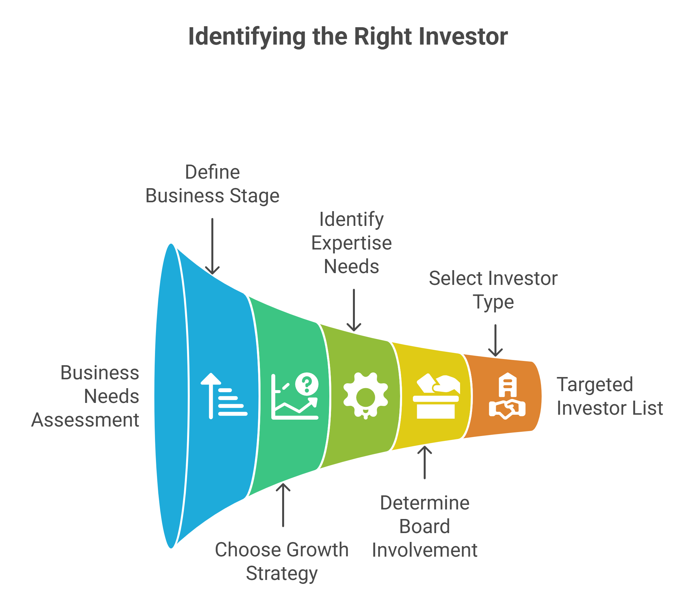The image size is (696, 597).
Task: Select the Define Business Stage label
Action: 212,184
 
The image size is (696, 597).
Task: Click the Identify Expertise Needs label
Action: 351,243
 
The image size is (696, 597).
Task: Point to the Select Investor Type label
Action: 493,290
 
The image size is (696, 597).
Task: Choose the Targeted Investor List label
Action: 610,396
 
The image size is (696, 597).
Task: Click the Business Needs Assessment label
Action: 85,396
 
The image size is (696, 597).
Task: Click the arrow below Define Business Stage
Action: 212,247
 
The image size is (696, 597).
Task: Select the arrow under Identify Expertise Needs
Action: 354,310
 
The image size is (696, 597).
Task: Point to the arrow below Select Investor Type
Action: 495,341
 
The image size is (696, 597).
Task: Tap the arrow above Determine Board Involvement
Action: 425,462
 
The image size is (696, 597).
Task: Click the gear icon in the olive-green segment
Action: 366,396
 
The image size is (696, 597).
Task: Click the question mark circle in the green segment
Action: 307,384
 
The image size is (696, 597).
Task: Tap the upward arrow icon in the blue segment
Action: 211,396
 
